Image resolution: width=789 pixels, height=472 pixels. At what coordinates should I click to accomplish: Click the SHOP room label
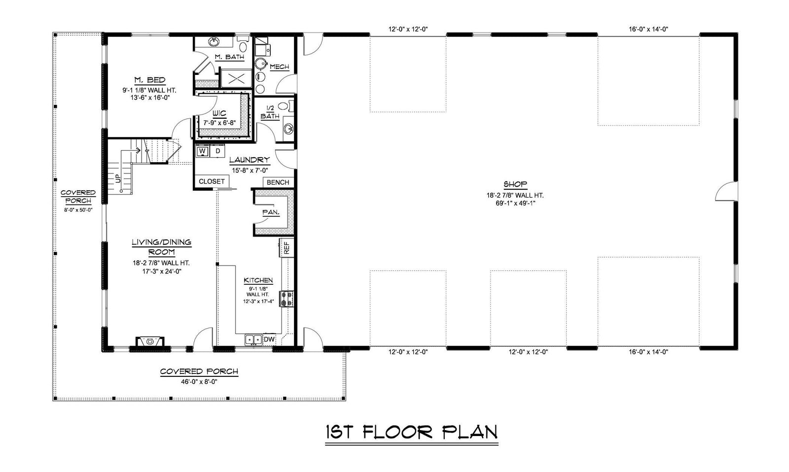point(515,184)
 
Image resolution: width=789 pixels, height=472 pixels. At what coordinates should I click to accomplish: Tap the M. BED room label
point(149,80)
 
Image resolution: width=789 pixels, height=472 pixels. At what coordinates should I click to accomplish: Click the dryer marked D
point(217,151)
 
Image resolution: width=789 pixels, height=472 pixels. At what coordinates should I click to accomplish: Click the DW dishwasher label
point(269,339)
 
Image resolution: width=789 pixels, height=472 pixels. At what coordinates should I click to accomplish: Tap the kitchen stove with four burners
point(287,299)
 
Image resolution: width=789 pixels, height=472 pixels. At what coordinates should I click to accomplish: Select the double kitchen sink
point(253,339)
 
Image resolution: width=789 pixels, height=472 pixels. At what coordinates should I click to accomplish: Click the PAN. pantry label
point(271,212)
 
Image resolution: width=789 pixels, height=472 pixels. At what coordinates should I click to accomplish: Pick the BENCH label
point(278,182)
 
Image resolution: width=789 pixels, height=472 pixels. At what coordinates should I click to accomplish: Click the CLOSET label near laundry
point(212,181)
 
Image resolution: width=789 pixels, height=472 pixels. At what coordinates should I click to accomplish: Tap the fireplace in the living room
point(150,341)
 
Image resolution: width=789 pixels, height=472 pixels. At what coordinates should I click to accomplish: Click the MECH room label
point(279,67)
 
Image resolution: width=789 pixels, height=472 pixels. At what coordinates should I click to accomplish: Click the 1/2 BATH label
point(270,112)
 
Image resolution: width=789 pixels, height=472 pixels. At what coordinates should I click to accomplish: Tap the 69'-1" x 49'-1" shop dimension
point(515,202)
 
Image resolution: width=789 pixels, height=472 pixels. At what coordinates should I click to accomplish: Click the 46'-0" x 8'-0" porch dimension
point(199,381)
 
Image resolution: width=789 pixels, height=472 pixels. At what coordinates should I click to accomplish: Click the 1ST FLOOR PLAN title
point(411,432)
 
